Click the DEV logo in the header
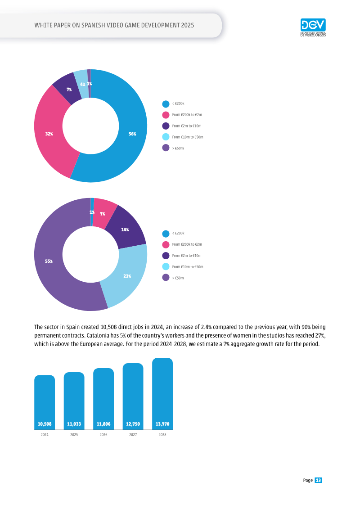tap(313, 27)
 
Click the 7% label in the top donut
tap(69, 89)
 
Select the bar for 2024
tap(45, 402)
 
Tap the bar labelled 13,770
tap(162, 394)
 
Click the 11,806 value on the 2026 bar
tap(103, 424)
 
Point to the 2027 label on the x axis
tap(133, 435)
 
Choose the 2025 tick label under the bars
tap(74, 435)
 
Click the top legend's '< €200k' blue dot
tap(166, 104)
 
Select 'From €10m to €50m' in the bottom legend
tap(188, 267)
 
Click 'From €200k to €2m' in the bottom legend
tap(187, 244)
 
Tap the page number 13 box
tap(318, 480)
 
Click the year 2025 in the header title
tap(188, 25)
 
